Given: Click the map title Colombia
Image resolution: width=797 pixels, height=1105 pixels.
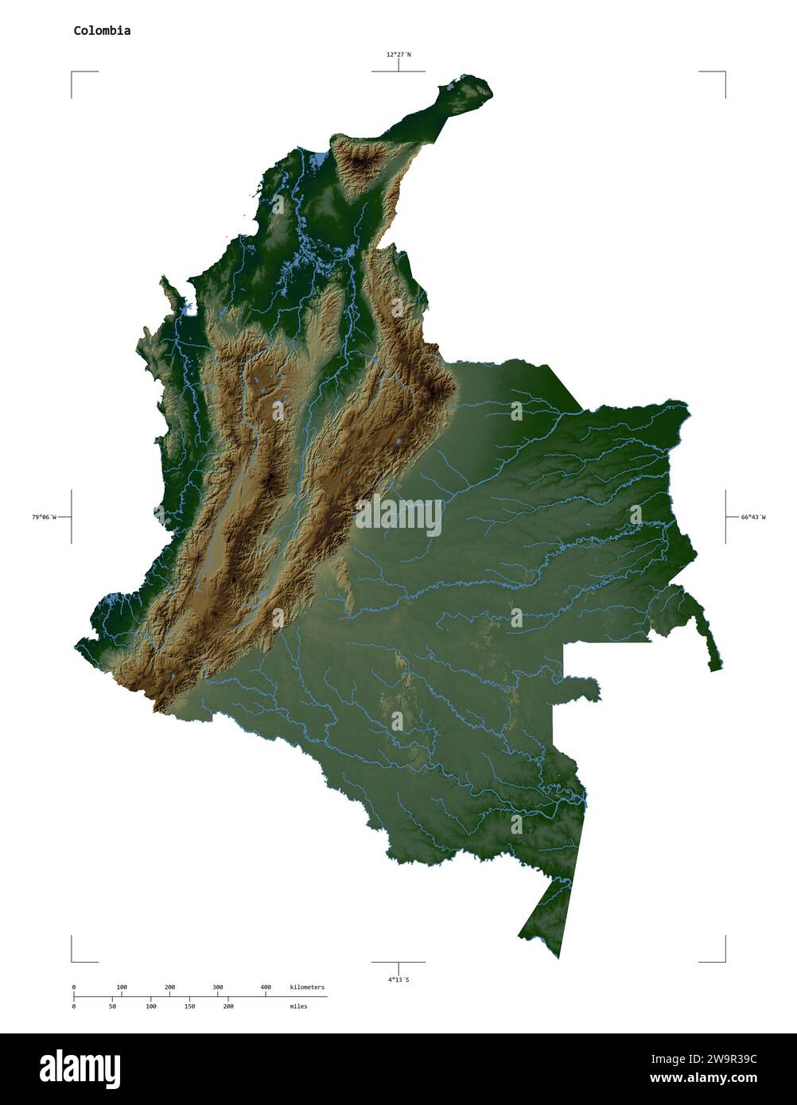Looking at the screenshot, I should [102, 31].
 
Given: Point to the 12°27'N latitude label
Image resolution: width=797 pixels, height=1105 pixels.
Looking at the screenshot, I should [398, 55].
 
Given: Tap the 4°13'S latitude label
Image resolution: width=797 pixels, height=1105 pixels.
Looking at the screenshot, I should [398, 979].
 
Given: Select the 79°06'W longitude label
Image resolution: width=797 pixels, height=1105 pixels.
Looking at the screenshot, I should [44, 518].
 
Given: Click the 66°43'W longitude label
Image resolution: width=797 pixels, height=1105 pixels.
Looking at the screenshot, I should [753, 518].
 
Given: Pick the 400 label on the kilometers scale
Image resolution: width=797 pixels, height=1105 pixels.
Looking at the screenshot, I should [266, 987].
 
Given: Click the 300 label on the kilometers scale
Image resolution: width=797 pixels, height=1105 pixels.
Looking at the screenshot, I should [217, 987].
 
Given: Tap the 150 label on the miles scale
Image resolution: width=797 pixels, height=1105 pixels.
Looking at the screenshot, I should [189, 1006].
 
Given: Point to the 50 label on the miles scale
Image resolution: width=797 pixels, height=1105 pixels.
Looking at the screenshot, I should [112, 1006].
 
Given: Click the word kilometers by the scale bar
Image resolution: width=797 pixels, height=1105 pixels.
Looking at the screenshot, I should [307, 987].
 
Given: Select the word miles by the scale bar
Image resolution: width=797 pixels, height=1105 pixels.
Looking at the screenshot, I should [298, 1006].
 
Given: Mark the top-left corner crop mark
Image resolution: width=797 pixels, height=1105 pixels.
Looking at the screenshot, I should [72, 72].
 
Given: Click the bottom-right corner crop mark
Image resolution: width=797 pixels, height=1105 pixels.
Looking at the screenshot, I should [724, 960].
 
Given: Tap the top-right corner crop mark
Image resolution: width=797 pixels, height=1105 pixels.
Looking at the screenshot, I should [724, 72].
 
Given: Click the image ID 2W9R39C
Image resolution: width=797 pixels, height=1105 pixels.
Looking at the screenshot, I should [726, 1059].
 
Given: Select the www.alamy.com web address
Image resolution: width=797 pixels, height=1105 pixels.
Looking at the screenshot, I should [703, 1079].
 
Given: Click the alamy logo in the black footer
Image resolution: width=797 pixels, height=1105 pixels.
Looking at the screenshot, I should [80, 1069].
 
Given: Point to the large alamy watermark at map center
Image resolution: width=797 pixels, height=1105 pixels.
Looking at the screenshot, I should [398, 516].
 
